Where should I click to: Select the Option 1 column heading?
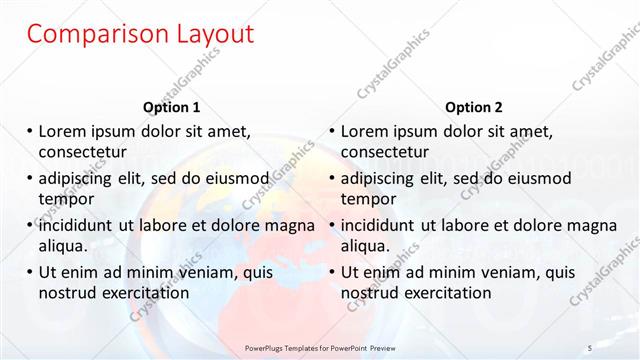click(172, 107)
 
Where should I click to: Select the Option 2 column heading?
click(474, 107)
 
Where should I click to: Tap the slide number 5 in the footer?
click(590, 347)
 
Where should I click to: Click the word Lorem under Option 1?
click(63, 131)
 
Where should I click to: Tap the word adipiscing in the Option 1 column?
click(81, 178)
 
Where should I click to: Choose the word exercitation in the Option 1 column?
click(144, 293)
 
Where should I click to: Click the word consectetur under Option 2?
click(385, 152)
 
